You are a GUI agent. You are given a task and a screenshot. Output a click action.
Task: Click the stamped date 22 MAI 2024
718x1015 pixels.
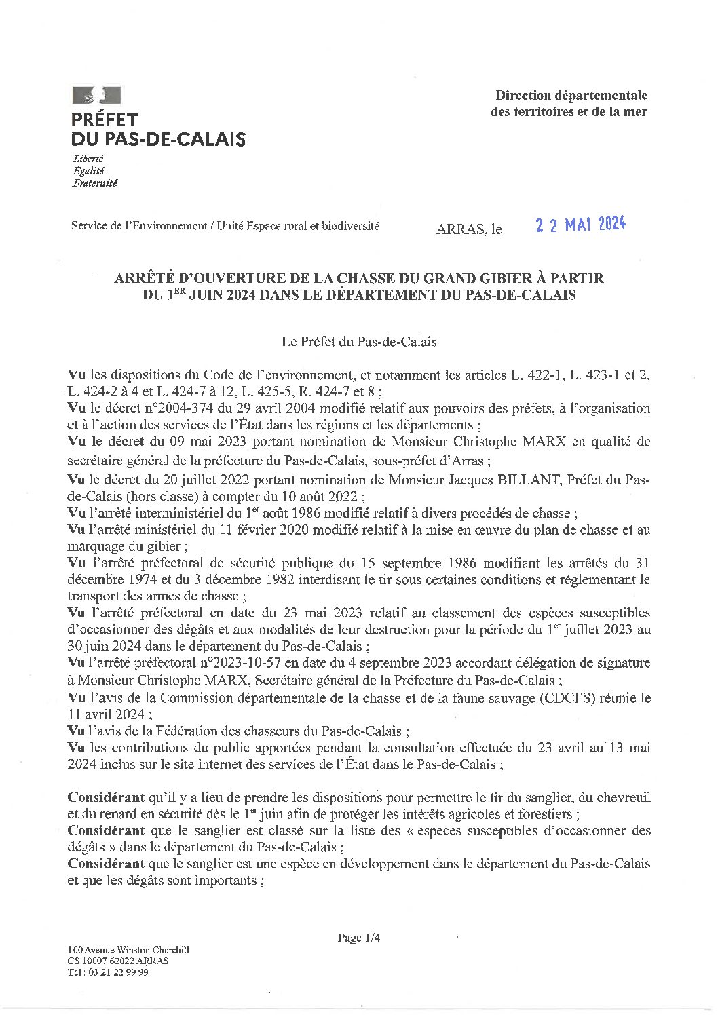(580, 225)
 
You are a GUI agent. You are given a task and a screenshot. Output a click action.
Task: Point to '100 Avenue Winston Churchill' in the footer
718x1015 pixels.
(128, 951)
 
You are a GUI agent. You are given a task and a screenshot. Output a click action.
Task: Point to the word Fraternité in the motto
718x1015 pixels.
(94, 183)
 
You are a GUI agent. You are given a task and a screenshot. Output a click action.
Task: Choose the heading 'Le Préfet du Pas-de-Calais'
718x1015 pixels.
(359, 342)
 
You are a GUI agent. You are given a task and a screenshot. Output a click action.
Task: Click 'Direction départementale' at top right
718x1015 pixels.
(571, 96)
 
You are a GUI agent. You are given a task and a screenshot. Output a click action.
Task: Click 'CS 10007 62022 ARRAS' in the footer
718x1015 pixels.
(118, 961)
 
